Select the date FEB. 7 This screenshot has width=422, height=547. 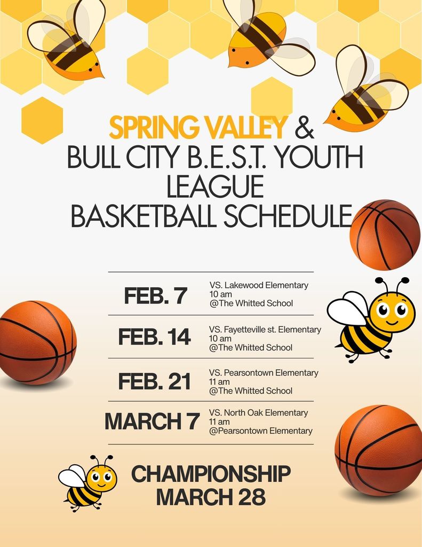(155, 295)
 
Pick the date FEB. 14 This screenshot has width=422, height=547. (154, 337)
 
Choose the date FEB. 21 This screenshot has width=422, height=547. (154, 381)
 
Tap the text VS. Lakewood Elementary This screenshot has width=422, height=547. (259, 285)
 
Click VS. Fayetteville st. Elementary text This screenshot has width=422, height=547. (265, 330)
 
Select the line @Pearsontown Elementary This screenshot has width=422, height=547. (261, 431)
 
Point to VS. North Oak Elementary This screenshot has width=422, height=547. (259, 412)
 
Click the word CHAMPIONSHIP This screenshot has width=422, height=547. (211, 474)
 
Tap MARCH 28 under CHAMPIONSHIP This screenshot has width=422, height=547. (211, 497)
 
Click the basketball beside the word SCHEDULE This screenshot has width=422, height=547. (385, 235)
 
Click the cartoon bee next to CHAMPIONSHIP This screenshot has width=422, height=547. (88, 482)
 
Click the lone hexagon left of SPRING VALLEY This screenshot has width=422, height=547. (42, 120)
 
